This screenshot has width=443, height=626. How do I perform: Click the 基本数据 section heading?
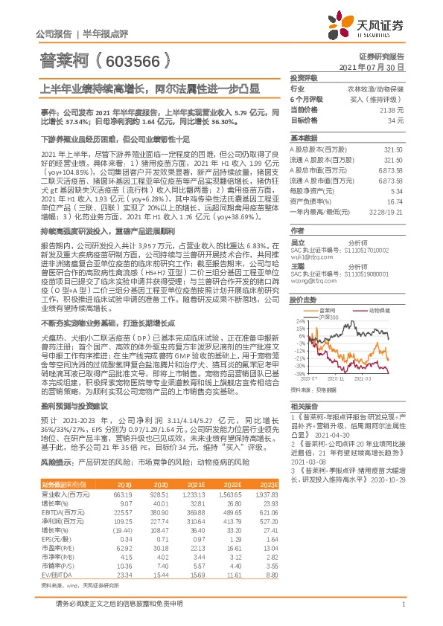coord(304,138)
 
